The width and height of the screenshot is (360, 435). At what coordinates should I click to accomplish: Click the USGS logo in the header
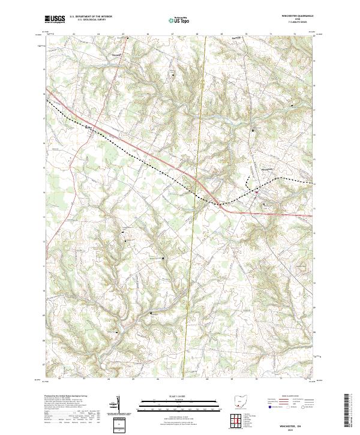point(55,19)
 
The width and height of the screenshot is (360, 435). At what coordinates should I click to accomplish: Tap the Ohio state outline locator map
point(240,403)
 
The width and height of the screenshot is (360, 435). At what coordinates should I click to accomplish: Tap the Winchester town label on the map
point(268,170)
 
